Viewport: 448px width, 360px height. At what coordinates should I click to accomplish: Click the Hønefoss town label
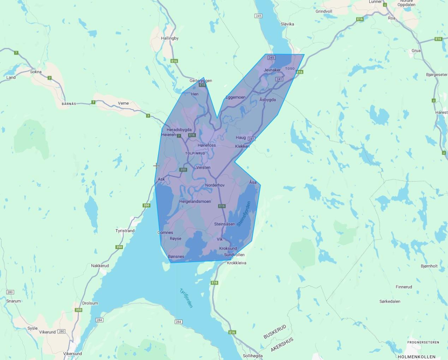click(207, 145)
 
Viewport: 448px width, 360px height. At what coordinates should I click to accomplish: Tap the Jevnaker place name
click(272, 70)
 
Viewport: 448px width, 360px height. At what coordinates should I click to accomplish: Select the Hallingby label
click(169, 38)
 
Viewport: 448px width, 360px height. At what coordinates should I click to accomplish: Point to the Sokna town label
click(36, 72)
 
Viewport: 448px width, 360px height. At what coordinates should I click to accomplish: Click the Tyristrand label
click(125, 231)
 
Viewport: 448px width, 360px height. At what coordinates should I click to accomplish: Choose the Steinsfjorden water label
click(244, 214)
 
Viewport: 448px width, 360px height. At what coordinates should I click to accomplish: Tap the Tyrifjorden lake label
click(186, 298)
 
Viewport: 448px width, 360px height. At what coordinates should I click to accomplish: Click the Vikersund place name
click(72, 354)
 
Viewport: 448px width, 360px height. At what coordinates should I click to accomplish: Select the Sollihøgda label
click(253, 356)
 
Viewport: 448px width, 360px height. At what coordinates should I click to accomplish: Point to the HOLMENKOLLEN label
click(416, 357)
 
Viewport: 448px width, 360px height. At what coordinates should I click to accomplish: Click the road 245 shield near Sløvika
click(258, 16)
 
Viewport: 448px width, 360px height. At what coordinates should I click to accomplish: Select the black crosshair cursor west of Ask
click(156, 166)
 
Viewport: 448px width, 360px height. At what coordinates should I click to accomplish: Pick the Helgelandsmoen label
click(195, 201)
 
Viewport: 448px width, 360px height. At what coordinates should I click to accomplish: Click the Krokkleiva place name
click(237, 263)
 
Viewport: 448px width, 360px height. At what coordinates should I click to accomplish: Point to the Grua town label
click(416, 51)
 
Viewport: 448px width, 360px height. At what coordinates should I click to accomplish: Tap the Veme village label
click(123, 103)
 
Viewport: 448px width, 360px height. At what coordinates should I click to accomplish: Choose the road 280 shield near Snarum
click(10, 292)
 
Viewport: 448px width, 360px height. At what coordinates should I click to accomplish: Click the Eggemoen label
click(235, 97)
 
